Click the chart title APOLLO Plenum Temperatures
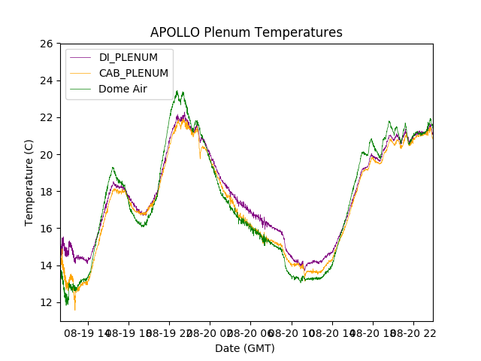246,32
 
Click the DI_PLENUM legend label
129,57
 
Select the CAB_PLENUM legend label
134,73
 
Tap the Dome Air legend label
123,89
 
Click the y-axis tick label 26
46,44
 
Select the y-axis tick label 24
46,80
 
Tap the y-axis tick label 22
46,117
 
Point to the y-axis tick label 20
46,154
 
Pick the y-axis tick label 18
46,191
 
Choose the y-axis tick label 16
46,228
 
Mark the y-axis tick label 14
46,265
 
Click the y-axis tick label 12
46,302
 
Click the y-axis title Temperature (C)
29,182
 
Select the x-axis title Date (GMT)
245,348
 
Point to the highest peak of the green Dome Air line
177,91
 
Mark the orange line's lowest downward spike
74,309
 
